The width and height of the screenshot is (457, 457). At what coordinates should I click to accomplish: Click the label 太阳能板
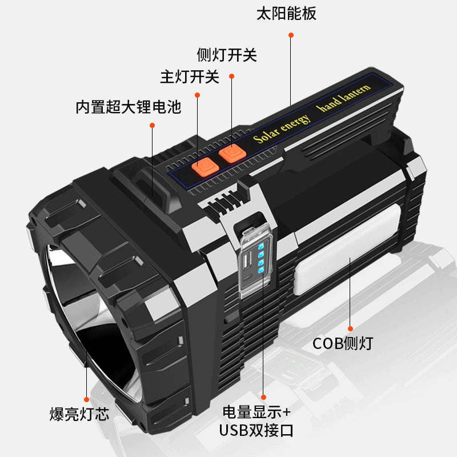295,13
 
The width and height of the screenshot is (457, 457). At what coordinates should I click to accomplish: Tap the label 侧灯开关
227,55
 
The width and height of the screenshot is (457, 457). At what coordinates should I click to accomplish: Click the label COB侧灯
343,343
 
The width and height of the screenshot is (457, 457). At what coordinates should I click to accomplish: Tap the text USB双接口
256,430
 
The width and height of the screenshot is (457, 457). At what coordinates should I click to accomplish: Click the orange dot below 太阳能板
291,35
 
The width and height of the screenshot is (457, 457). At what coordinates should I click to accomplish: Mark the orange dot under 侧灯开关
231,75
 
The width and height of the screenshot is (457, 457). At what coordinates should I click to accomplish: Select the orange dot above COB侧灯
350,328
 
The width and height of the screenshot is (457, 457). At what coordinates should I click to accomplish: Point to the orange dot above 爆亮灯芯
87,399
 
